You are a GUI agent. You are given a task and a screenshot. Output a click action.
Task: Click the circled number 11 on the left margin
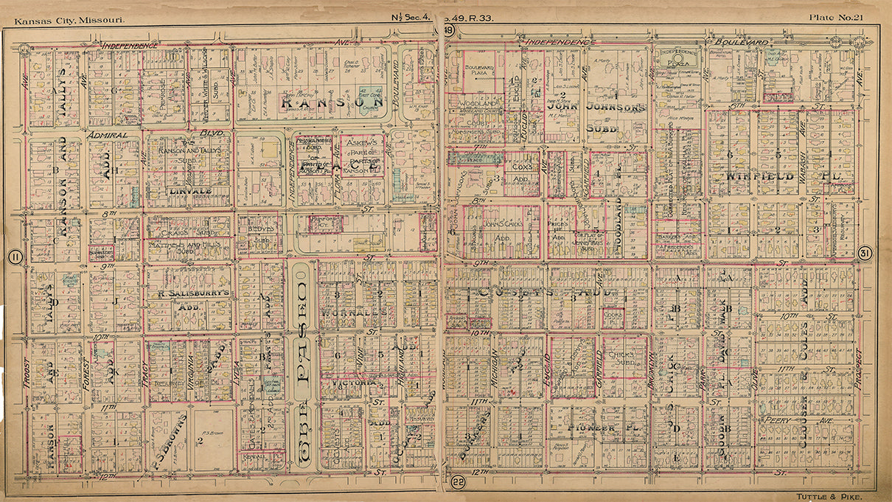click(13, 257)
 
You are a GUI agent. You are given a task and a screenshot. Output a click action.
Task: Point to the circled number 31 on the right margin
click(866, 253)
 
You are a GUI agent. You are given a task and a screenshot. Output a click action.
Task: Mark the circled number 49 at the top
click(448, 30)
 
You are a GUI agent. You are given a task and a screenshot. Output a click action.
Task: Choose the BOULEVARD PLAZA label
click(479, 71)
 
